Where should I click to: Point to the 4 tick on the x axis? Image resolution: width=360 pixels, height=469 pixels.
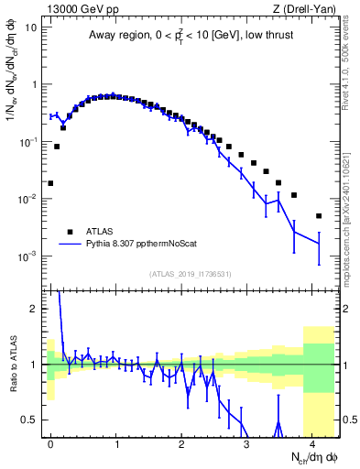tap(312, 442)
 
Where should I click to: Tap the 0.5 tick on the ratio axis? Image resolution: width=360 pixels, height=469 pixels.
tap(35, 420)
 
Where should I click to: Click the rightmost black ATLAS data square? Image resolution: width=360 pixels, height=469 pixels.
tap(319, 216)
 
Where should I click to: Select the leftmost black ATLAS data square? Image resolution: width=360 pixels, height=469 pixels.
tap(50, 183)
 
